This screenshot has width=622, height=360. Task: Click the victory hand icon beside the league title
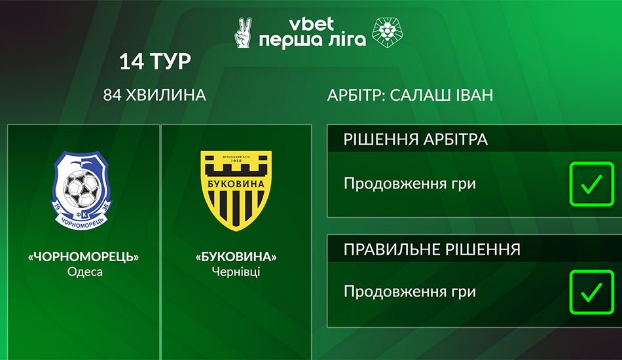point(243,33)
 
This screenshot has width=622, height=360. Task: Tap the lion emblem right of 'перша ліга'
point(387,33)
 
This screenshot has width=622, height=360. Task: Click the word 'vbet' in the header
point(312,24)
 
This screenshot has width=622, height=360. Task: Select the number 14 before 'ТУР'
point(132,62)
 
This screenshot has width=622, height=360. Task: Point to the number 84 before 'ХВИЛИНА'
point(112,95)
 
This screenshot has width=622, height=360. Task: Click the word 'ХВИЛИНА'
point(166,95)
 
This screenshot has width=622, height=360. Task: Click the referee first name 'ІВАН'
point(475,95)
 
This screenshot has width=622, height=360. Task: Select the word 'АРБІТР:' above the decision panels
point(356,95)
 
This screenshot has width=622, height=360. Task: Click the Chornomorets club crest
point(82,190)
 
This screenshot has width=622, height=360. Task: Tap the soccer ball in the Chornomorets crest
point(82,189)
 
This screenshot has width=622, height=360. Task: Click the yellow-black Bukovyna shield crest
point(236,190)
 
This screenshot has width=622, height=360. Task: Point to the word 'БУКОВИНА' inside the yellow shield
point(236,185)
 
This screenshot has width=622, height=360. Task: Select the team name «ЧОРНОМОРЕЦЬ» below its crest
point(83,257)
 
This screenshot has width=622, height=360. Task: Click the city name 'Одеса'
point(85,272)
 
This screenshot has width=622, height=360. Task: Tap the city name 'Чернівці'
point(236,272)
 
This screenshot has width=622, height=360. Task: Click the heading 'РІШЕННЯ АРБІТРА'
point(415,139)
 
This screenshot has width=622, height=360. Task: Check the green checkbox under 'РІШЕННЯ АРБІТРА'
point(591,184)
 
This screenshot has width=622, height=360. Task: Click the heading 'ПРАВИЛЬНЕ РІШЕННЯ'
point(432,249)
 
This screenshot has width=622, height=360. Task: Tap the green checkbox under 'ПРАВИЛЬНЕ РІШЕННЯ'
point(591,292)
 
